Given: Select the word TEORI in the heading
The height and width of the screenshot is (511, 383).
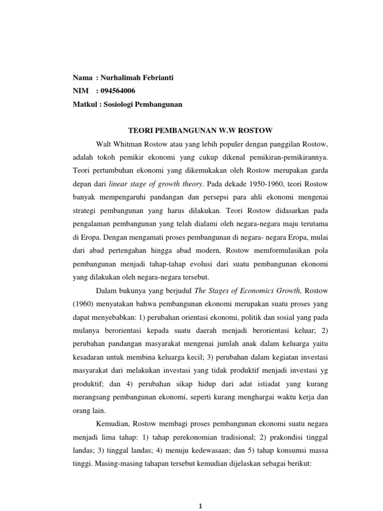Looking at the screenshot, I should (x=141, y=131).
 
